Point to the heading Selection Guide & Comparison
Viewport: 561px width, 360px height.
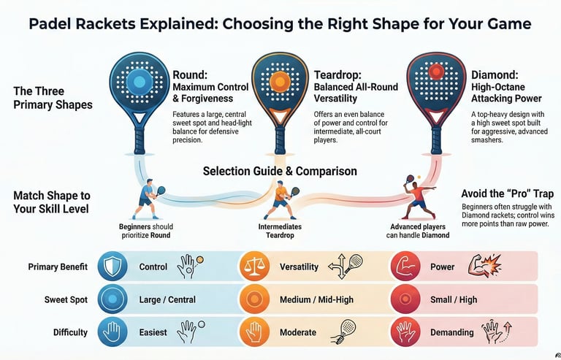coord(280,172)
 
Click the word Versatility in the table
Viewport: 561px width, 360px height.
coord(299,267)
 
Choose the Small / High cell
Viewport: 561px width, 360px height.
coord(458,300)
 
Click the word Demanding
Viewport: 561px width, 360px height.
coord(452,332)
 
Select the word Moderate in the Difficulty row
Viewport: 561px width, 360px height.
coord(298,332)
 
